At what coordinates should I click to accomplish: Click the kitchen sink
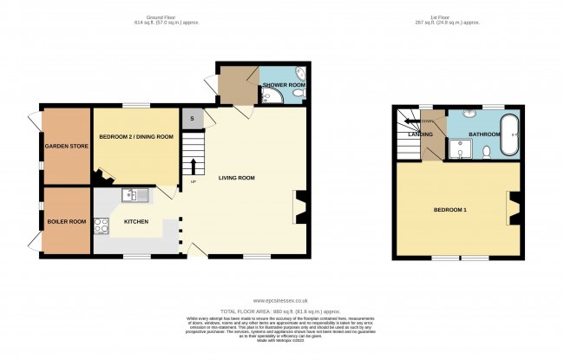point(135,194)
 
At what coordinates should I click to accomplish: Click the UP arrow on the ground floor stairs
point(192,167)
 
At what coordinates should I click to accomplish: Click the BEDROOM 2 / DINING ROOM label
point(136,137)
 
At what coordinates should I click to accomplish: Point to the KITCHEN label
point(136,222)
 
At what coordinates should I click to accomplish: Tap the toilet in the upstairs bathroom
point(487,151)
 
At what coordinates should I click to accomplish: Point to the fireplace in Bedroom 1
point(512,208)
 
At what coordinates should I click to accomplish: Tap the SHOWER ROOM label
point(282,84)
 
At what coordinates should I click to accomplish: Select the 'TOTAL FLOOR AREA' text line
point(281,310)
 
